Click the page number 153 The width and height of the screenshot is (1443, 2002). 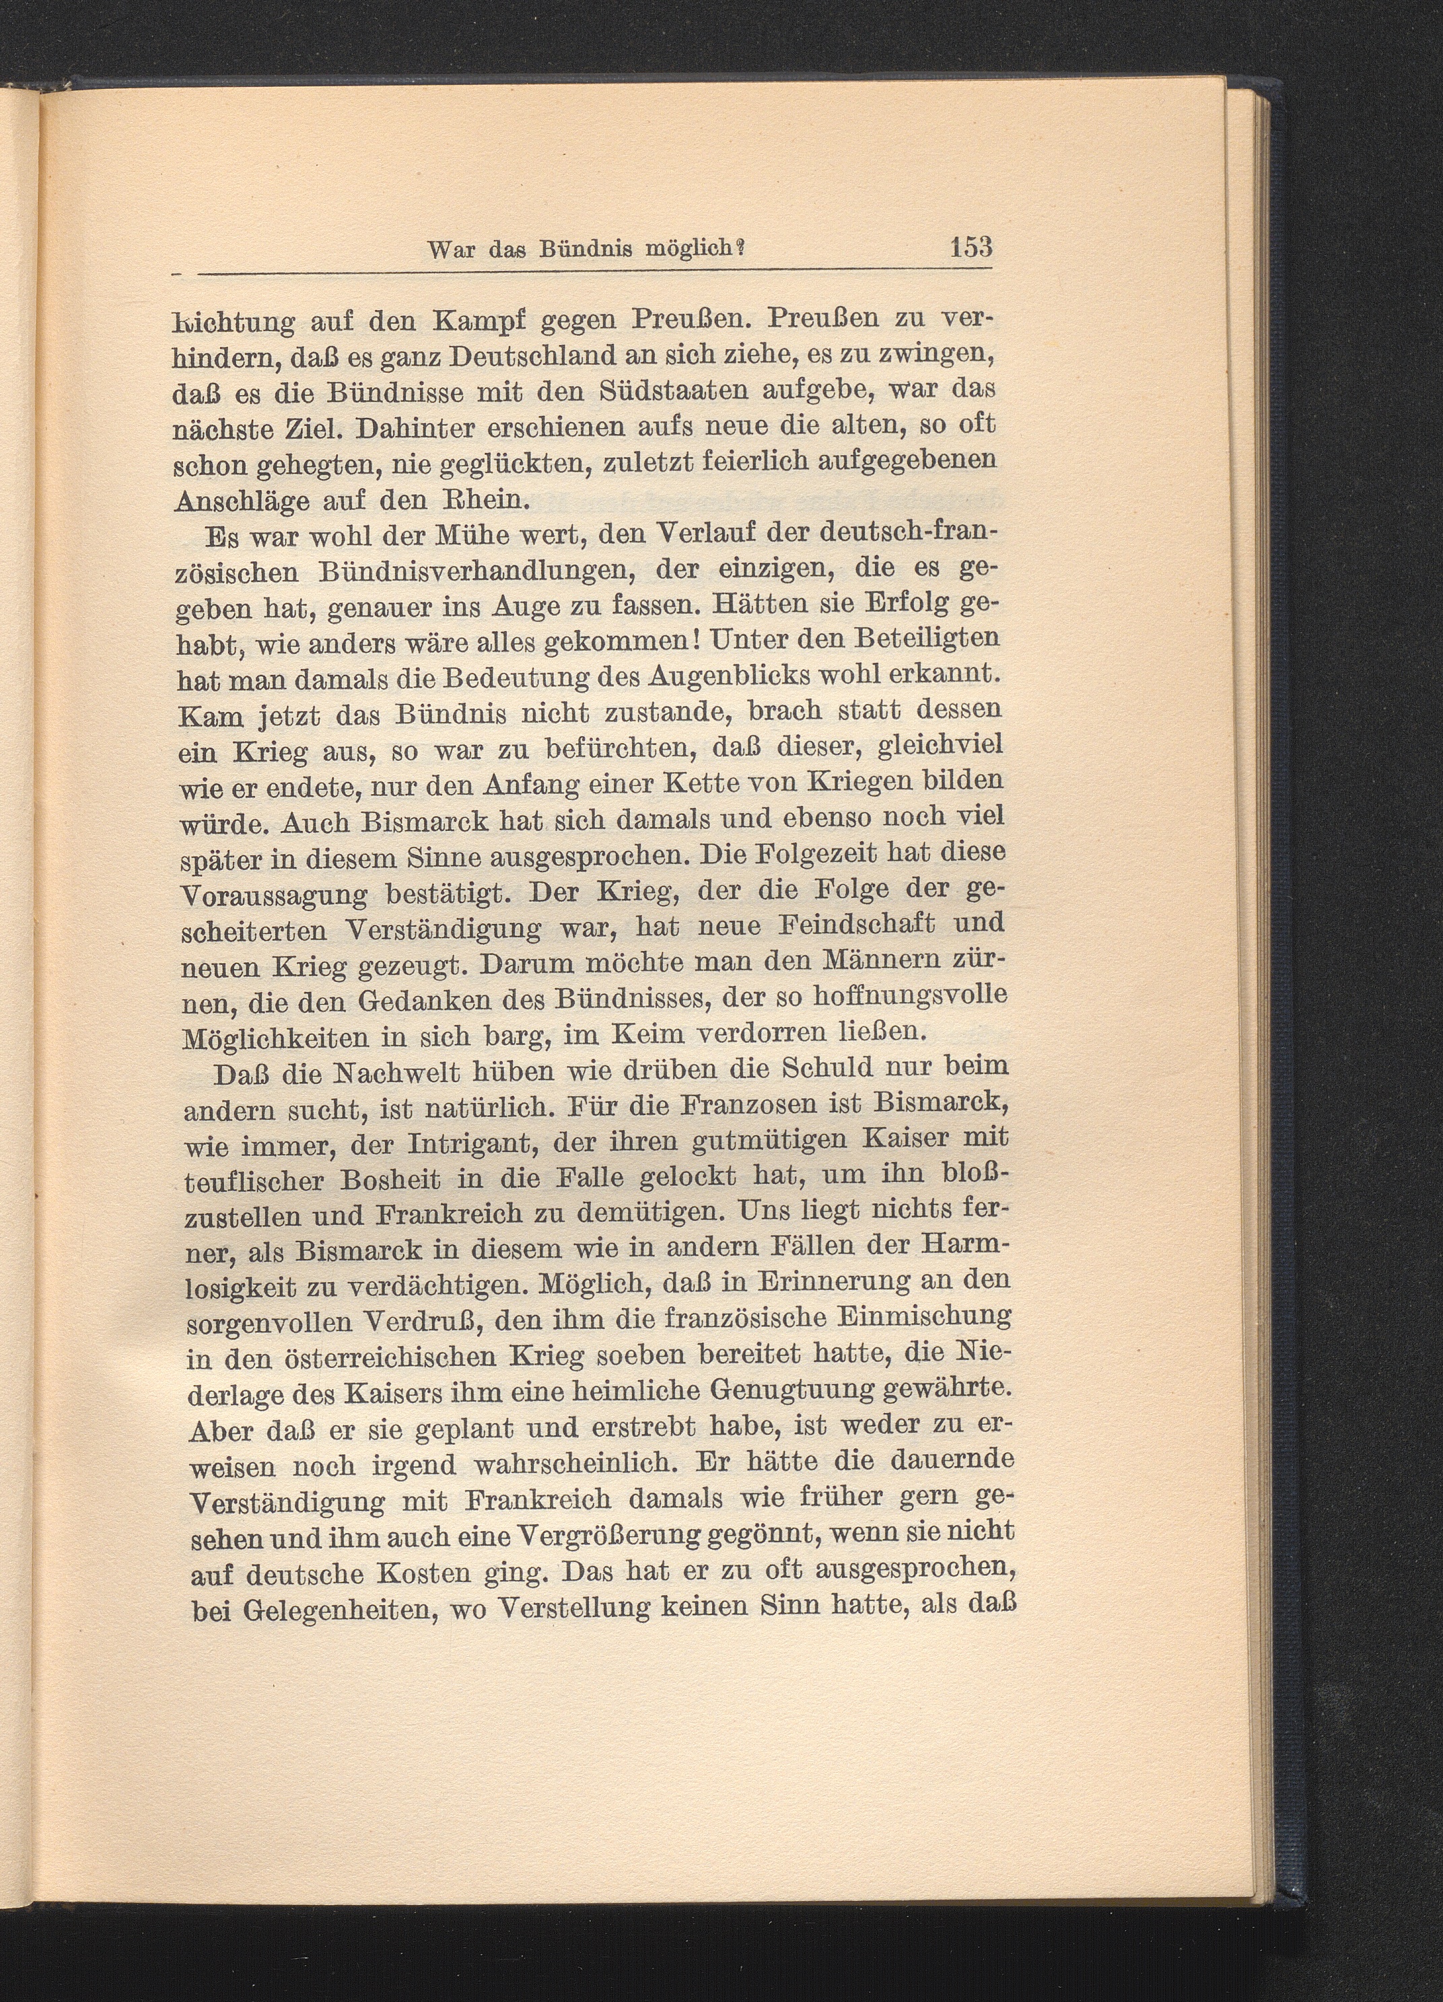tap(971, 246)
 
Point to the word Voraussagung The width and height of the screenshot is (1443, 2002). tap(275, 896)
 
